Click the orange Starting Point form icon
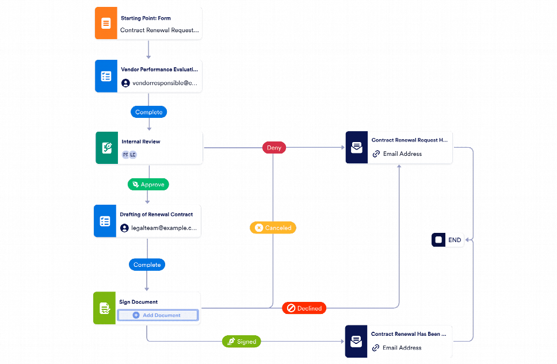[106, 24]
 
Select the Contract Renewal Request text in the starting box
[159, 30]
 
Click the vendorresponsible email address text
[165, 83]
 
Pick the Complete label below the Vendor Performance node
[149, 112]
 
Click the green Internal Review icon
[106, 148]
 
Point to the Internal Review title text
[141, 141]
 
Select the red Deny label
[274, 148]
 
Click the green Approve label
[148, 185]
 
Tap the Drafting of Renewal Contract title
[157, 214]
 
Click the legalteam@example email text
[164, 228]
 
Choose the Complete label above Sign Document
[147, 265]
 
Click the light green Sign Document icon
[105, 309]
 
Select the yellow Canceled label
[273, 228]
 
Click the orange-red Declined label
[304, 308]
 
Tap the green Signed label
[242, 342]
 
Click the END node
[448, 240]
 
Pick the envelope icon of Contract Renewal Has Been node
[356, 342]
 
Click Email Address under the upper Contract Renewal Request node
[403, 154]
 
